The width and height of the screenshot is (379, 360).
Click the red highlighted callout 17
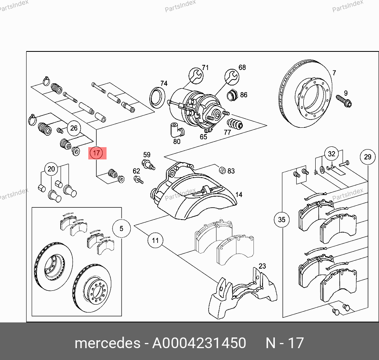97,153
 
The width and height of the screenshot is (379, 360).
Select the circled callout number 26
74,128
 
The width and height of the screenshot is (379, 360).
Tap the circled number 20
51,169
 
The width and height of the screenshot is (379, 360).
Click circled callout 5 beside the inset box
121,228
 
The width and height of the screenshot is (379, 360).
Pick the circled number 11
155,241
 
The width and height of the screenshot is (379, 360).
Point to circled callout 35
282,220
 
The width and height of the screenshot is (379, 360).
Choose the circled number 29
368,157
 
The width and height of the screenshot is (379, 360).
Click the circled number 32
331,153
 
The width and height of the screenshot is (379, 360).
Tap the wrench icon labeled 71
196,76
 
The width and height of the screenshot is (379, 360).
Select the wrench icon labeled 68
232,77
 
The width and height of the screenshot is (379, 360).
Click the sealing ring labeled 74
157,98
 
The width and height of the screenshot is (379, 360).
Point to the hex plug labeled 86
232,95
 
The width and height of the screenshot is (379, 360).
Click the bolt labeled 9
344,101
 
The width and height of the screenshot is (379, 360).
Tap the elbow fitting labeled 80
177,130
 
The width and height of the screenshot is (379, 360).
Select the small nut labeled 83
222,170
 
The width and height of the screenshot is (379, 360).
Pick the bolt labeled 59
148,165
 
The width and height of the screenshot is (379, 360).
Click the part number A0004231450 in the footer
199,343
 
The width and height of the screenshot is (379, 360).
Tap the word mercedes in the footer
107,343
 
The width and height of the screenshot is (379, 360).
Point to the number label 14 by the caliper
239,195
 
